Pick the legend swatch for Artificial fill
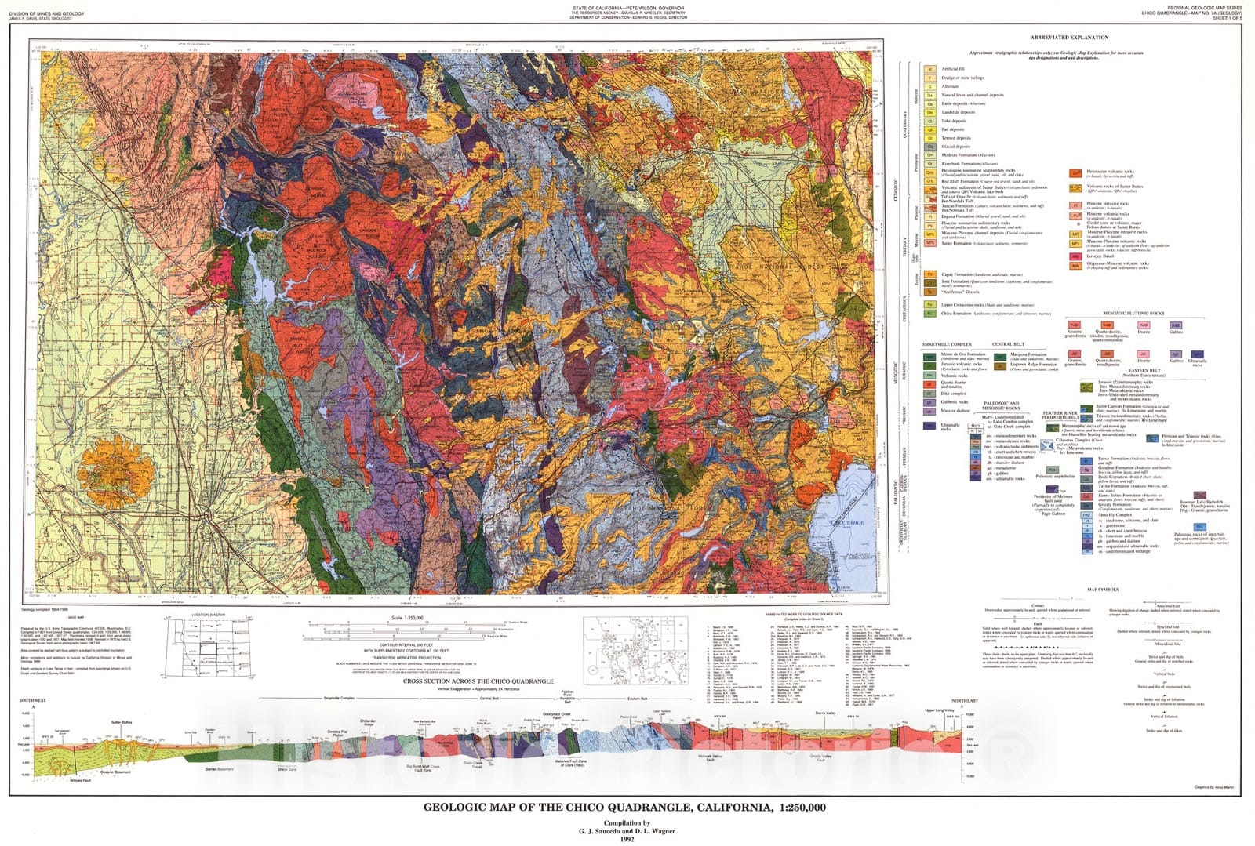[929, 69]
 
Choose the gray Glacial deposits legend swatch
[929, 147]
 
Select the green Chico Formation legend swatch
[929, 314]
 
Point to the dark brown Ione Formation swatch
[929, 282]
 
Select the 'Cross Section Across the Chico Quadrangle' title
[478, 681]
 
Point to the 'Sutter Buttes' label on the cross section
[121, 722]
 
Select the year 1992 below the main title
[626, 839]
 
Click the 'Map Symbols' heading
[1103, 590]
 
